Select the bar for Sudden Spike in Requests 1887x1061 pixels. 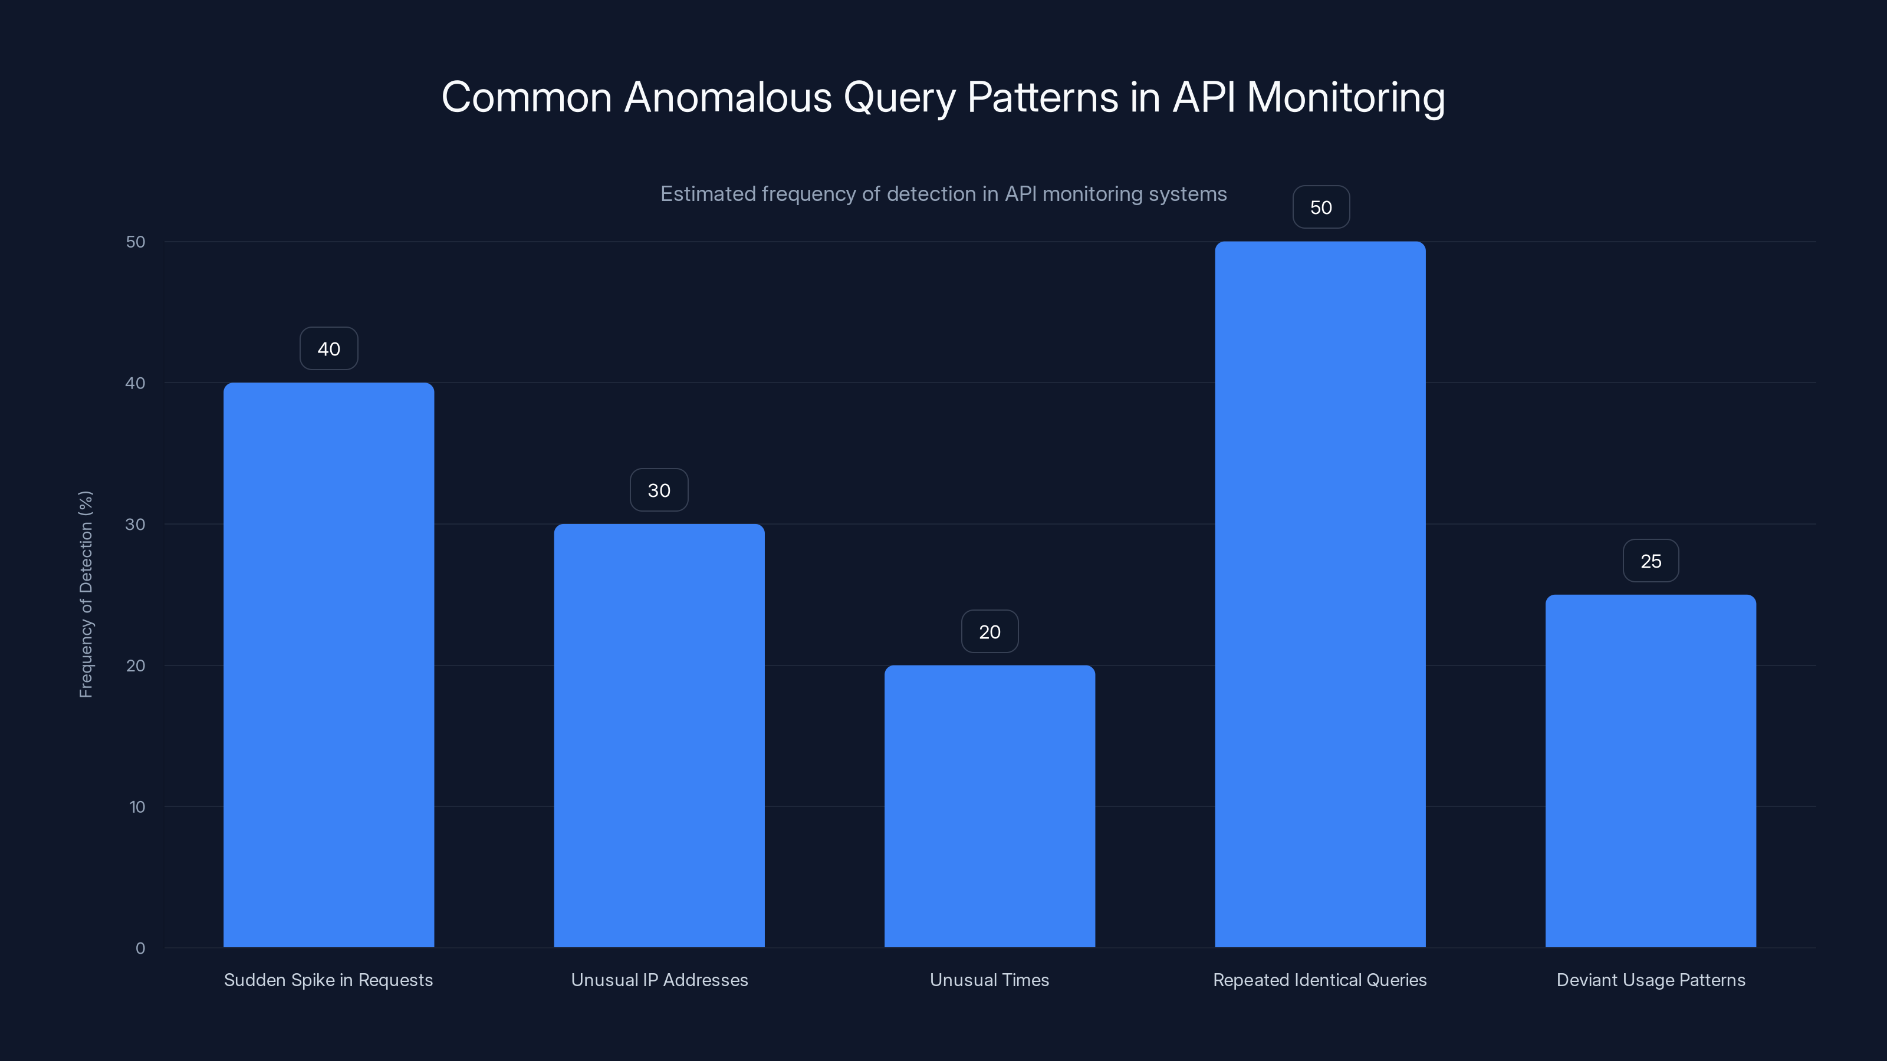click(x=328, y=665)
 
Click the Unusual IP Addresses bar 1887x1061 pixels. click(x=659, y=735)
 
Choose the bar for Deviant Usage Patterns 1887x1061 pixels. click(x=1651, y=770)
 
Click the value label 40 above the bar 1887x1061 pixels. click(x=328, y=348)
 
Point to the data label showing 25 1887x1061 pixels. click(x=1651, y=561)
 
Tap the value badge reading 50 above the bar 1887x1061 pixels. click(x=1321, y=207)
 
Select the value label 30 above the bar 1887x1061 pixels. click(x=659, y=490)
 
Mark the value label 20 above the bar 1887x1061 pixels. click(x=989, y=631)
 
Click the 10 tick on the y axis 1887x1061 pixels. click(x=137, y=807)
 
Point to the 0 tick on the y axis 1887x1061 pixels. click(x=140, y=948)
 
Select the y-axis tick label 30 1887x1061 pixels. click(x=135, y=524)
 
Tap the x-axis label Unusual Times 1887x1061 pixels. click(x=989, y=980)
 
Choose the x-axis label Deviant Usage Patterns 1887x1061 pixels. click(x=1651, y=980)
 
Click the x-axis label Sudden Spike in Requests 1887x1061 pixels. click(x=328, y=980)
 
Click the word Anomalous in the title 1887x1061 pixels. click(x=728, y=97)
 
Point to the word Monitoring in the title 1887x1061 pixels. click(x=1346, y=97)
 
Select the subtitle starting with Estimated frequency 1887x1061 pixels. click(x=943, y=194)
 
